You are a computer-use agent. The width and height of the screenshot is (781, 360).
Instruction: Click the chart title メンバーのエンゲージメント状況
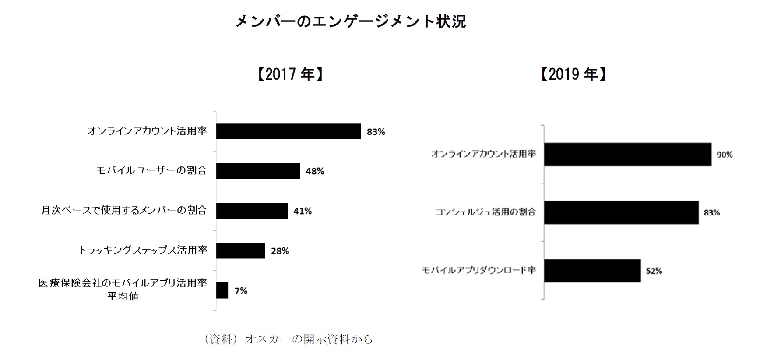click(x=351, y=21)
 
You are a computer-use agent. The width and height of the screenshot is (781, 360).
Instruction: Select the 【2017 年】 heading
click(x=289, y=74)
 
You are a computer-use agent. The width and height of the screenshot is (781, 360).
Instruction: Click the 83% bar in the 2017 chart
click(x=288, y=131)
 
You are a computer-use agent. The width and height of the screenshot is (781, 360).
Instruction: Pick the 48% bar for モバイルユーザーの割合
click(x=258, y=171)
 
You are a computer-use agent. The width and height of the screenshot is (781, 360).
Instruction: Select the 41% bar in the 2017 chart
click(x=252, y=211)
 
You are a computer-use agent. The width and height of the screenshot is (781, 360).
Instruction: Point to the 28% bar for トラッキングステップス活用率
click(x=240, y=251)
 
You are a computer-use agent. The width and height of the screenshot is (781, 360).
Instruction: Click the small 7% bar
click(x=222, y=290)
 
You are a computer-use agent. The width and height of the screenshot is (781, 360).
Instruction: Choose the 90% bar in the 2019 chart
click(x=627, y=154)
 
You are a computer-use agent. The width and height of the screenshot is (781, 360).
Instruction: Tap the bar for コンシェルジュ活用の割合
click(x=621, y=212)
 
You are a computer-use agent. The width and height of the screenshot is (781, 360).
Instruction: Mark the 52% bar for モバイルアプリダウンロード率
click(x=592, y=271)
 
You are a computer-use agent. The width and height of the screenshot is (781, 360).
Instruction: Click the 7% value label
click(x=241, y=291)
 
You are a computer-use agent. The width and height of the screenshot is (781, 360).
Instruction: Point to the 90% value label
click(x=725, y=155)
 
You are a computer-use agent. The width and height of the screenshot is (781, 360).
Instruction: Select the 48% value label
click(x=315, y=171)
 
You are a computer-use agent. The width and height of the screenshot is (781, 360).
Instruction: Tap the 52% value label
click(x=654, y=271)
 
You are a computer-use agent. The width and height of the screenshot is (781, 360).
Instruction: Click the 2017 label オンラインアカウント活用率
click(x=147, y=131)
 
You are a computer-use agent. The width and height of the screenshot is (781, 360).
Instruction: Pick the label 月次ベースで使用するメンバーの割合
click(x=124, y=210)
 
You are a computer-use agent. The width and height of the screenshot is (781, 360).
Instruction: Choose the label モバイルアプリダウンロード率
click(x=479, y=270)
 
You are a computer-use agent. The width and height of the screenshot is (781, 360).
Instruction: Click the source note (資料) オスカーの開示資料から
click(x=288, y=339)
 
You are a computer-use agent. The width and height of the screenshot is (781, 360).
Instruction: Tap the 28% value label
click(x=280, y=251)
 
